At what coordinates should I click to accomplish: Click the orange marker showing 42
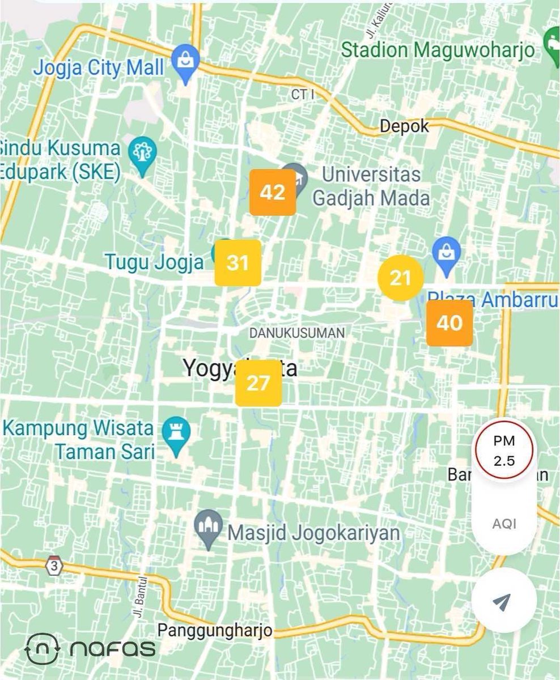click(x=273, y=192)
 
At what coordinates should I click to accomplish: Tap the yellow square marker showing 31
click(x=237, y=262)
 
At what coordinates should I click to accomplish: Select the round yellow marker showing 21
click(x=401, y=278)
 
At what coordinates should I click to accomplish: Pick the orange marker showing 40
click(x=449, y=323)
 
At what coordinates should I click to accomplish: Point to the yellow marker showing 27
click(x=258, y=383)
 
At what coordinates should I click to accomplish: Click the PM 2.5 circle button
click(x=504, y=451)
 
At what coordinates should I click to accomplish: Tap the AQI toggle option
click(x=504, y=524)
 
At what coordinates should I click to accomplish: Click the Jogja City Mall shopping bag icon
click(x=185, y=59)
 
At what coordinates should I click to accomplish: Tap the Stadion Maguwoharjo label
click(x=438, y=50)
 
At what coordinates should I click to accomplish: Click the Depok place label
click(x=404, y=126)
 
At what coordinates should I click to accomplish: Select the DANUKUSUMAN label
click(x=297, y=333)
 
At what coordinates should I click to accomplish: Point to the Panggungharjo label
click(x=215, y=630)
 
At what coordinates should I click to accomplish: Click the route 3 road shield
click(x=55, y=565)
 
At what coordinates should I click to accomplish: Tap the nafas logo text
click(x=113, y=648)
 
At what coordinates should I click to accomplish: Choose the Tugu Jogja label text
click(x=154, y=262)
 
